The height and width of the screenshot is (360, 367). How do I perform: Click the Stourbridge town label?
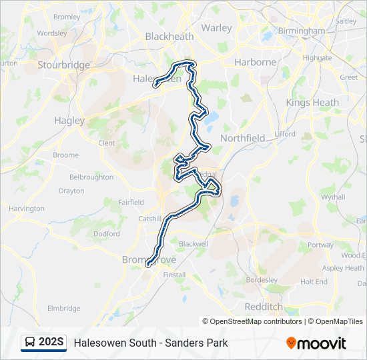click(64, 65)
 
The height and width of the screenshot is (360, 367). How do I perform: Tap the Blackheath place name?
click(169, 37)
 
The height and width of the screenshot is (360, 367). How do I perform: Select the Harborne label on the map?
click(255, 62)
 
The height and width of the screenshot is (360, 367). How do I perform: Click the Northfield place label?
click(242, 138)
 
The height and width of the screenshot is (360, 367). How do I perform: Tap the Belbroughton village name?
click(91, 177)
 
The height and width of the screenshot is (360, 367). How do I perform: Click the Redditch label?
click(264, 307)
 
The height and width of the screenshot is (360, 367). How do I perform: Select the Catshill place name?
click(149, 218)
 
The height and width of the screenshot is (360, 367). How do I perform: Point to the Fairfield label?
click(131, 202)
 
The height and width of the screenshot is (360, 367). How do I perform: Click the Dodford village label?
click(107, 234)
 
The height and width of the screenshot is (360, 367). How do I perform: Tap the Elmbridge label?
click(64, 308)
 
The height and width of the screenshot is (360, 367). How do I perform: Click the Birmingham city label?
click(302, 31)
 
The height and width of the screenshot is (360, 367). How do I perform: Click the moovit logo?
click(316, 343)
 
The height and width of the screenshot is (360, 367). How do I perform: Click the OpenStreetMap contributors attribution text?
click(255, 321)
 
